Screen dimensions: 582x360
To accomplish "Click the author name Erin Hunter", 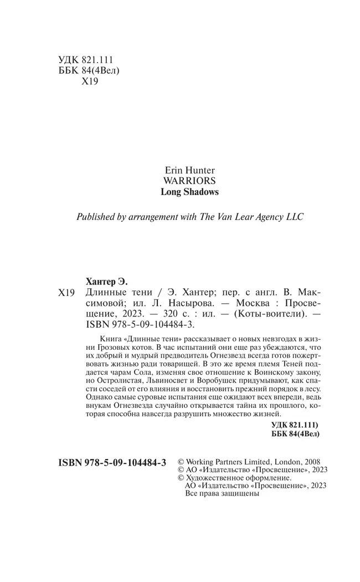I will tap(190, 167).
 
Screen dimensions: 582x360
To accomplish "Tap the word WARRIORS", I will tap(190, 180).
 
